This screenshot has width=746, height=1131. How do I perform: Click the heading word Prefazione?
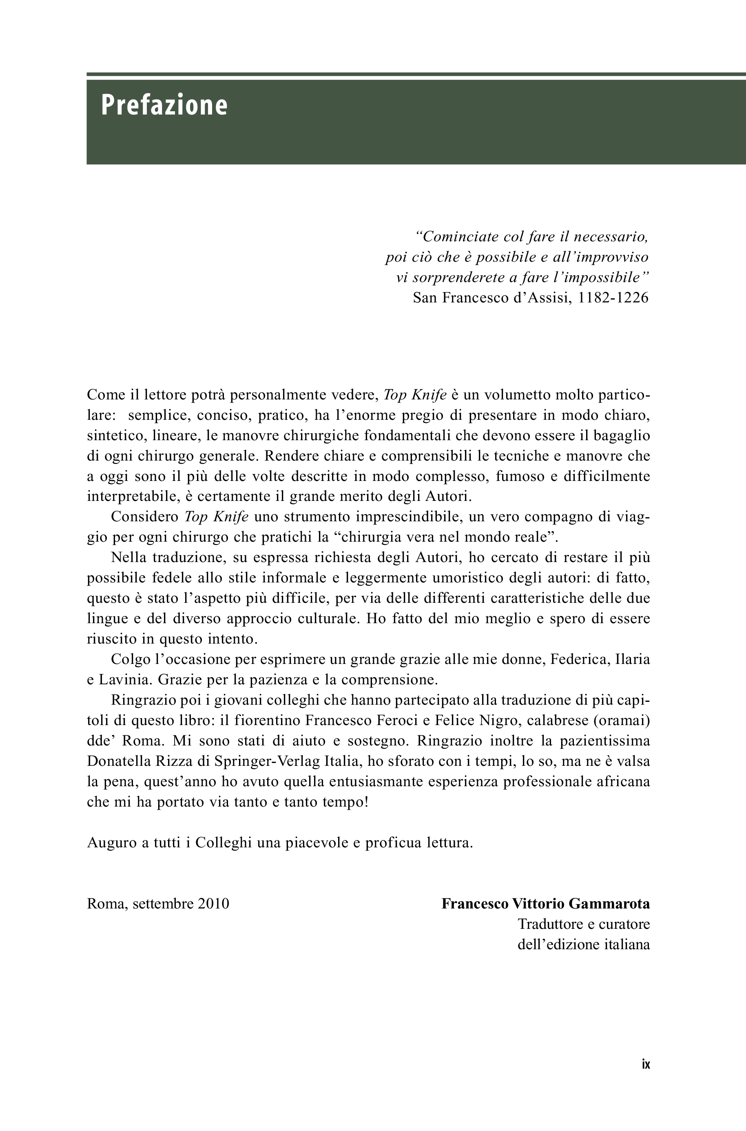164,106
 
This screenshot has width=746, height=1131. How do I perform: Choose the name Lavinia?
126,680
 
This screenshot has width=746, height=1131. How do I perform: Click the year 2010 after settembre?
214,904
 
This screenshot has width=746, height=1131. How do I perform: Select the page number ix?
646,1065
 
